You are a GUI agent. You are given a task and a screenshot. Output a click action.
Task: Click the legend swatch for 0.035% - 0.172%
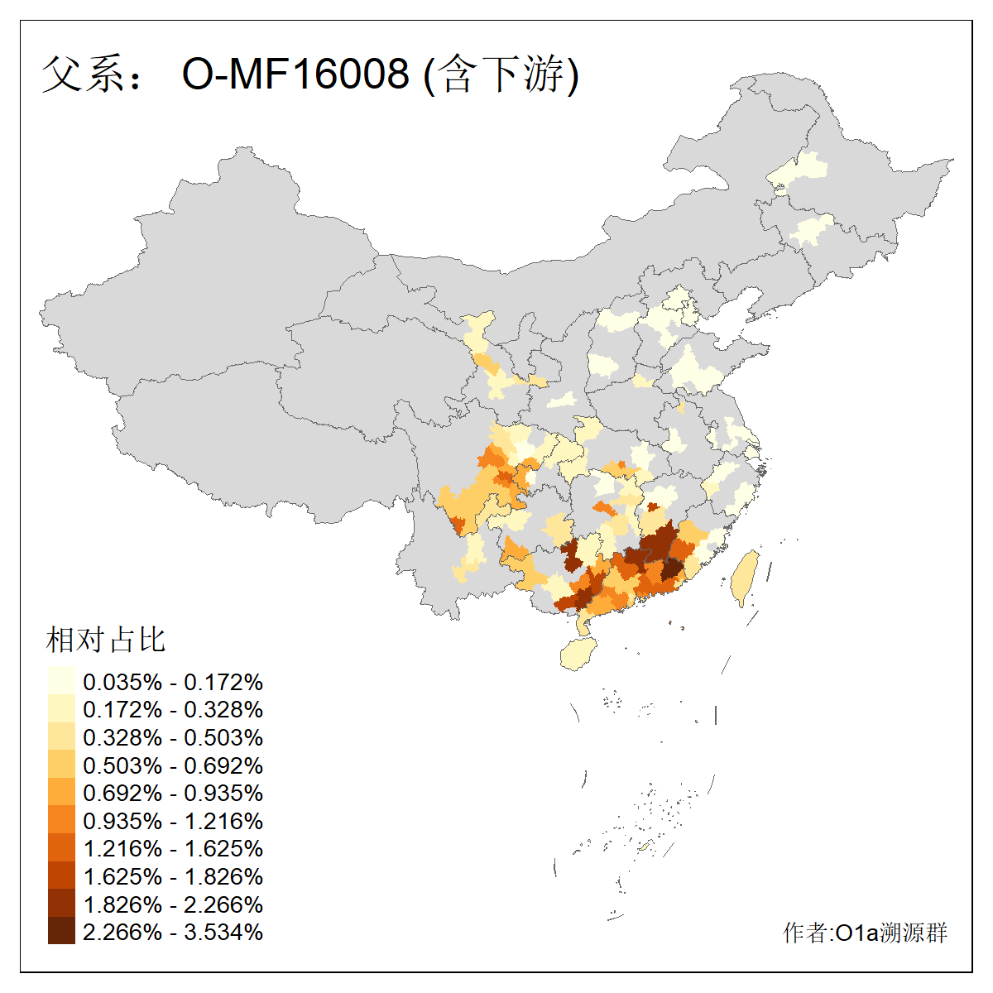click(x=61, y=681)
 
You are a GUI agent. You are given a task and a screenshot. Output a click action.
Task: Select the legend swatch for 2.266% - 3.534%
click(x=61, y=931)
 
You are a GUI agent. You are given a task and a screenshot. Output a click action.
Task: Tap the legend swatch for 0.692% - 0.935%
click(x=61, y=792)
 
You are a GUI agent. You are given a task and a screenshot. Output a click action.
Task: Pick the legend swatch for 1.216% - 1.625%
click(x=61, y=847)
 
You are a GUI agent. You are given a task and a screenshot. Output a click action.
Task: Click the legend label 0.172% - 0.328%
click(x=173, y=709)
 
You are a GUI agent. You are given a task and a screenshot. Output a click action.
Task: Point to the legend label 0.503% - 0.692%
click(x=173, y=765)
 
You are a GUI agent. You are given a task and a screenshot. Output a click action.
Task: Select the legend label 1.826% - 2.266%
click(x=173, y=904)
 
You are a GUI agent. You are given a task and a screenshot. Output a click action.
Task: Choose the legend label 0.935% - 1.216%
click(x=173, y=820)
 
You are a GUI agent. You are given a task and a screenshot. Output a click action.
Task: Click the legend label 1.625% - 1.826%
click(x=173, y=875)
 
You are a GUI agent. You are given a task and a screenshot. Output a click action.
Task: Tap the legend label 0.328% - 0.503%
click(x=173, y=736)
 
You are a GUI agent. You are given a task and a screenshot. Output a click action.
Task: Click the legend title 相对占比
click(x=106, y=640)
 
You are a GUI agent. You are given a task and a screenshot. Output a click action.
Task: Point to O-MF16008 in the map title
click(x=295, y=74)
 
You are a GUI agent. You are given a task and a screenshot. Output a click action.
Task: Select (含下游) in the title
click(x=501, y=74)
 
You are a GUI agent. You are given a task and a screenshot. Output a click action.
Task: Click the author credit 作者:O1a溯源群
click(x=865, y=933)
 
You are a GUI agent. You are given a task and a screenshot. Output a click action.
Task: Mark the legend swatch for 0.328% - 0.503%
click(x=61, y=736)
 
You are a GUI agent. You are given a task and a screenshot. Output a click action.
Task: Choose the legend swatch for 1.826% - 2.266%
click(x=61, y=903)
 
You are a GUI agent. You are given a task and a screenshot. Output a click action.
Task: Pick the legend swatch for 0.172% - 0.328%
click(x=61, y=709)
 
